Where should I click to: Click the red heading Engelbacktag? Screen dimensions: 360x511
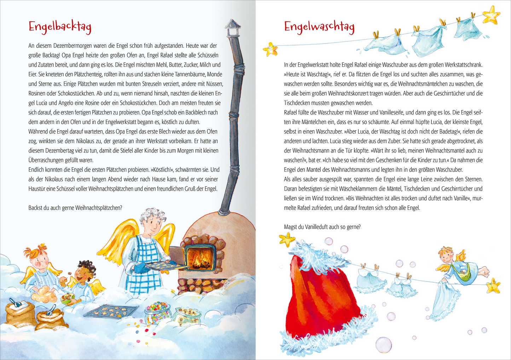pos(60,27)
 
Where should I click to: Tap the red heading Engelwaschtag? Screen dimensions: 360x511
pos(319,27)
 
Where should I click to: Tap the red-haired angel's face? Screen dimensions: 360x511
pos(40,262)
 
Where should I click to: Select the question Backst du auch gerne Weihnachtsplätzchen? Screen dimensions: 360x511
pos(75,208)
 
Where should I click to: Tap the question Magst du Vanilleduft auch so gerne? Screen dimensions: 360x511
pos(322,227)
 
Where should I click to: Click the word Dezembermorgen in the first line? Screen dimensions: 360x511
pos(69,46)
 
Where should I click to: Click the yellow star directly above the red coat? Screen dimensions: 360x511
pos(287,240)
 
